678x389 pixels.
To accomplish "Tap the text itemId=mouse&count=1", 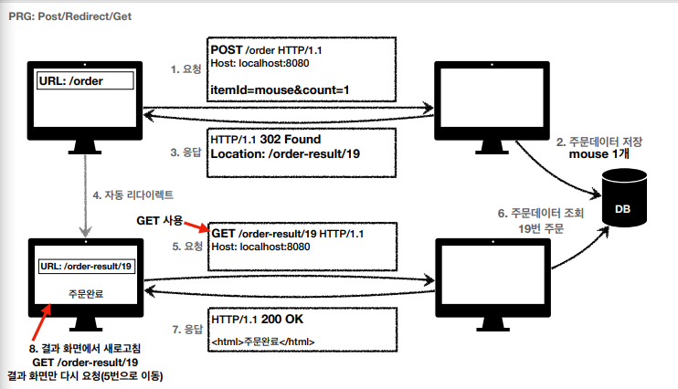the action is (x=280, y=89).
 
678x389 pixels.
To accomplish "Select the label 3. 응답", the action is (x=185, y=152).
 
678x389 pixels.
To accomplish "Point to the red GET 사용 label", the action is (x=159, y=221).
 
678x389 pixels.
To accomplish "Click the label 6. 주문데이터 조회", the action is (x=543, y=213).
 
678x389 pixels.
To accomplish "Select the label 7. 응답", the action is (x=185, y=327).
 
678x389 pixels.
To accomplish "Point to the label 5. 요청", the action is (x=185, y=245).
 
